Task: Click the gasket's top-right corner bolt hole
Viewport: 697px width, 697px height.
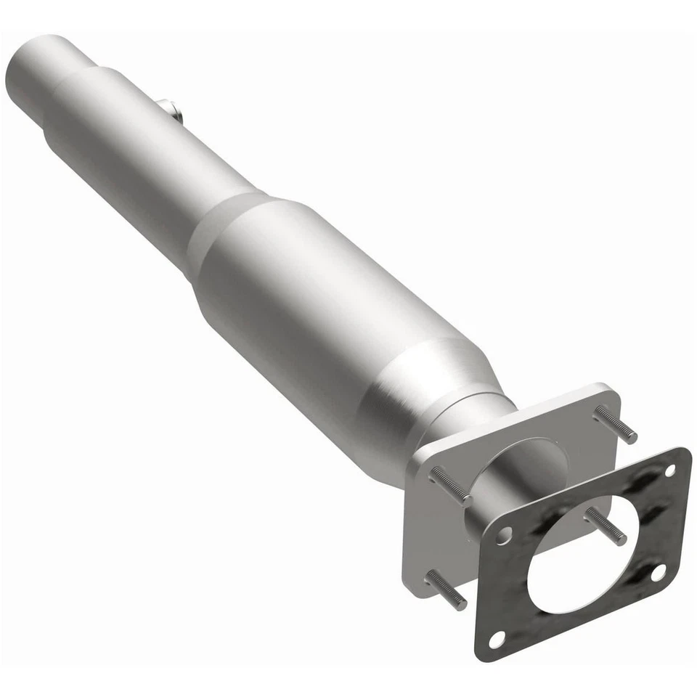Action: (669, 470)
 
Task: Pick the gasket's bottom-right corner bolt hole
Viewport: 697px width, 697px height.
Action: (657, 573)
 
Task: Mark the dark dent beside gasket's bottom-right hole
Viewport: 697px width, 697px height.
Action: (639, 581)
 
